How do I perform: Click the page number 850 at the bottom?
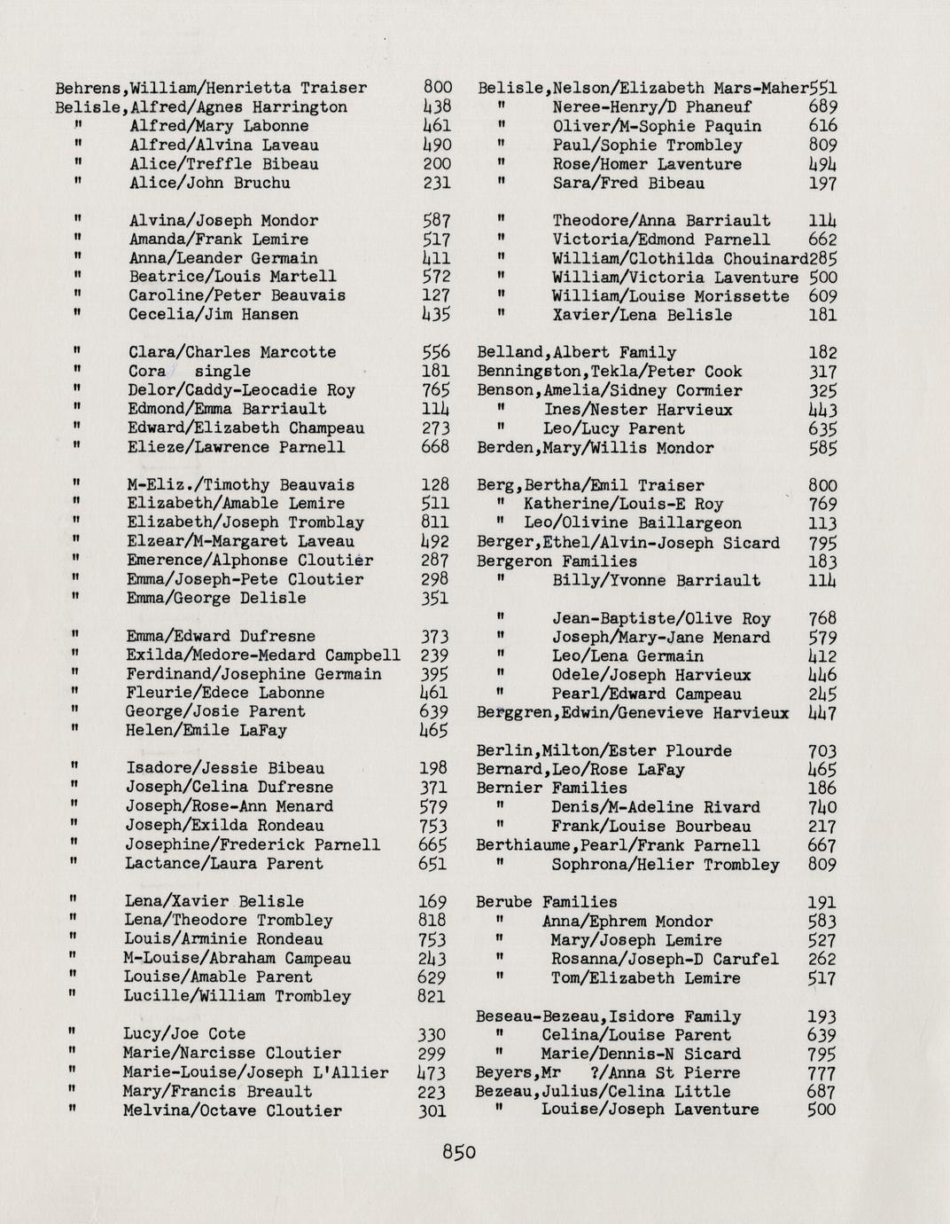point(459,1151)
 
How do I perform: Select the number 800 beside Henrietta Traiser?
point(438,88)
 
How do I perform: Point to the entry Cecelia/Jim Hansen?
point(214,314)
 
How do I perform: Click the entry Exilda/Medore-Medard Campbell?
point(263,655)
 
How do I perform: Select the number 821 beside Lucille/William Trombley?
point(432,996)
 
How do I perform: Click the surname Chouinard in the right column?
point(765,259)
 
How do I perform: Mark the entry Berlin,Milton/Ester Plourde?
point(604,750)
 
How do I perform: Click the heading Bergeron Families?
point(557,561)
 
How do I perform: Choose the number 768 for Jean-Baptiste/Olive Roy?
point(823,618)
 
